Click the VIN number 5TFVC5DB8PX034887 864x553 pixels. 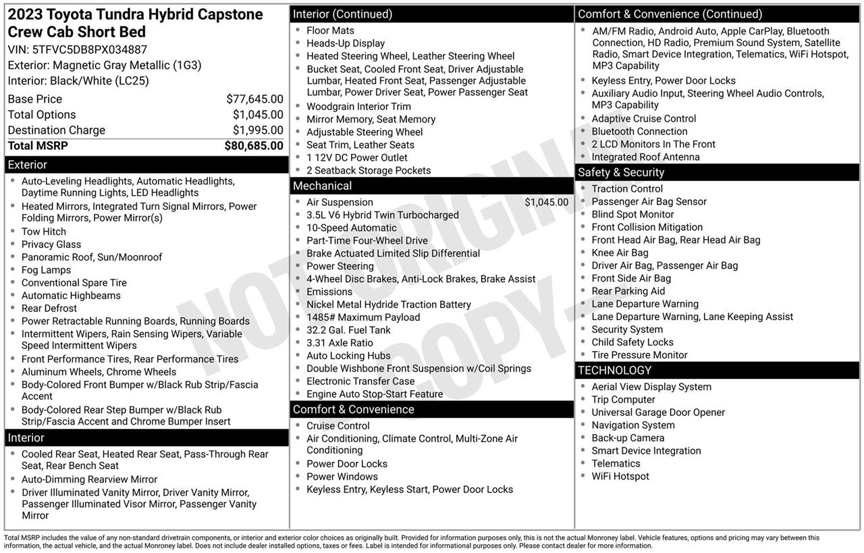tap(89, 49)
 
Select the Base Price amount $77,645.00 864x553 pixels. tap(254, 99)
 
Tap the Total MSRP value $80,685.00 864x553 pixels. tap(254, 146)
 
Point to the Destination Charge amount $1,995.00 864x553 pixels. tap(258, 130)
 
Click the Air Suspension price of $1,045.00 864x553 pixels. tap(546, 203)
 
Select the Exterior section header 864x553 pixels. tap(28, 165)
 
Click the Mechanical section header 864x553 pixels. tap(322, 186)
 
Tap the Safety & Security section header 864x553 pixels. tap(621, 172)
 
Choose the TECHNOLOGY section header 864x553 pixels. tap(614, 370)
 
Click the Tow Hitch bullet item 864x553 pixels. tap(44, 232)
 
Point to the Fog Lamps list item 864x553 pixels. tap(46, 270)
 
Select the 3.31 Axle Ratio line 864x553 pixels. tap(340, 343)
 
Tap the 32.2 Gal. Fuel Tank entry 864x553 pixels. tap(348, 330)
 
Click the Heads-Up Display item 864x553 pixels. tap(346, 43)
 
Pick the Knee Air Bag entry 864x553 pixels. tap(620, 253)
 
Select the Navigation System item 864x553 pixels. tap(633, 425)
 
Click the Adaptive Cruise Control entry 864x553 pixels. tap(644, 119)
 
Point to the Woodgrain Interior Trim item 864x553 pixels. tap(358, 107)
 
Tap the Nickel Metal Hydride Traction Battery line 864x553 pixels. tap(389, 305)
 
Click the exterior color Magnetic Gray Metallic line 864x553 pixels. tap(105, 65)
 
